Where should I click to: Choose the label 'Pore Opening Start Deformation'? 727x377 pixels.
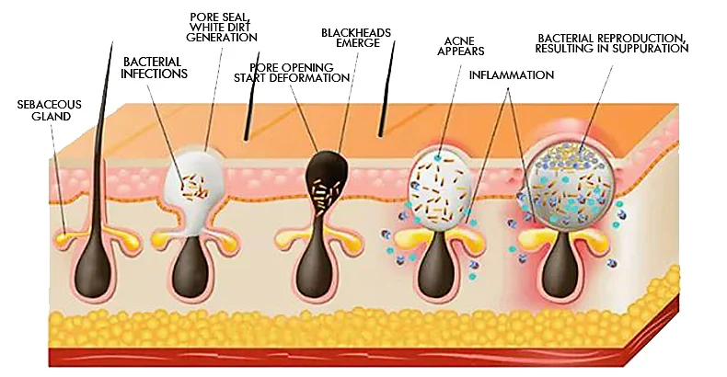pos(300,73)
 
